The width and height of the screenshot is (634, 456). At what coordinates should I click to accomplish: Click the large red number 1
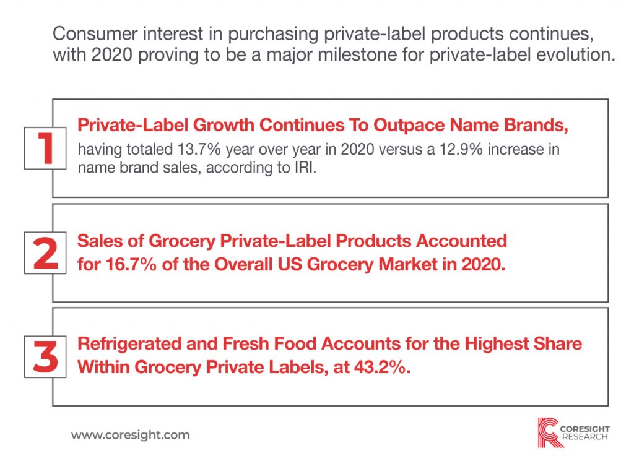click(45, 148)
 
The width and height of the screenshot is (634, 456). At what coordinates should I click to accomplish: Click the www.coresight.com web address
click(130, 435)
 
